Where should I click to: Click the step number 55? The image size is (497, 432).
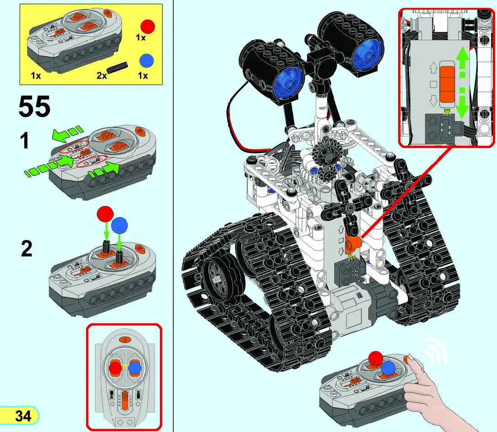point(34,107)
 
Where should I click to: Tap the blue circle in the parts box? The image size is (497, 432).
point(146,61)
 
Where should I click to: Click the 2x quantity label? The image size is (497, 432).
point(101,75)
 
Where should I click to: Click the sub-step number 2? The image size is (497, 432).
point(27,249)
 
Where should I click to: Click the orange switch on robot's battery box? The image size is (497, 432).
point(353,245)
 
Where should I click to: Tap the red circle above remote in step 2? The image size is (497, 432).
point(105,214)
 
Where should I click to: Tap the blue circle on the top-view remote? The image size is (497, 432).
point(134,368)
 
